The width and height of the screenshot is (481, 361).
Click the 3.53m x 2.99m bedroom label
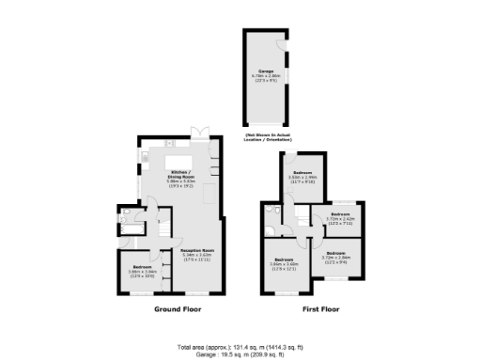(303, 177)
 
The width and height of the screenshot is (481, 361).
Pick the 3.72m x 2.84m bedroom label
(335, 257)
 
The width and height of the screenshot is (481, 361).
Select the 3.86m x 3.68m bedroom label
(283, 264)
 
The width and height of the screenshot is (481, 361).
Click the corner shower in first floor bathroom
(272, 208)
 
